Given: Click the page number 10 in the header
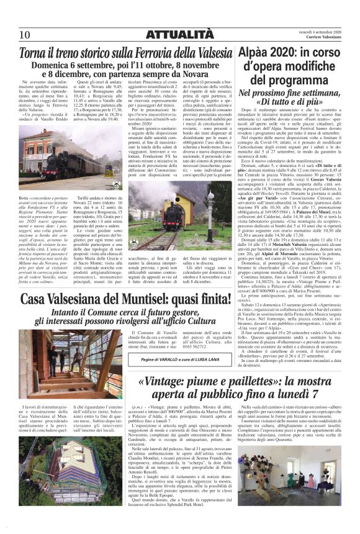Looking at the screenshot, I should pyautogui.click(x=25, y=34).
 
